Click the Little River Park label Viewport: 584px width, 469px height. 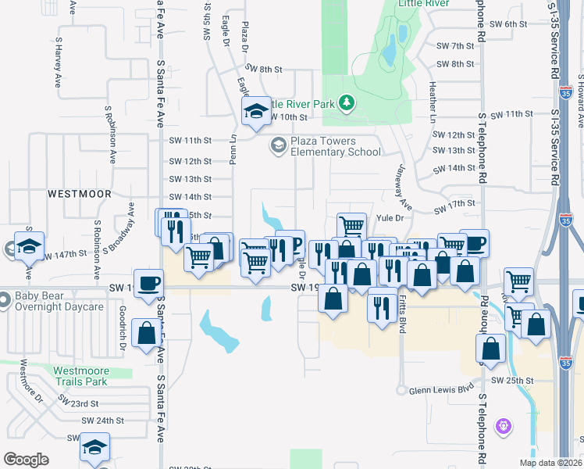[301, 104]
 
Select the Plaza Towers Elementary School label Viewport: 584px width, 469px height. [336, 146]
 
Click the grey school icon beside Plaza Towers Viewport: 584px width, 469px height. [278, 145]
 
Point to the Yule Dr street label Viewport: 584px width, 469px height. [389, 218]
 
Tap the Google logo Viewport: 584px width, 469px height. [26, 460]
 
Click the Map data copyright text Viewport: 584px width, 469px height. [550, 463]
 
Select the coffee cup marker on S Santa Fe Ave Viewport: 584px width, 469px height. [148, 284]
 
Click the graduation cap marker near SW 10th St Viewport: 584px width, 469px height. [255, 112]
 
